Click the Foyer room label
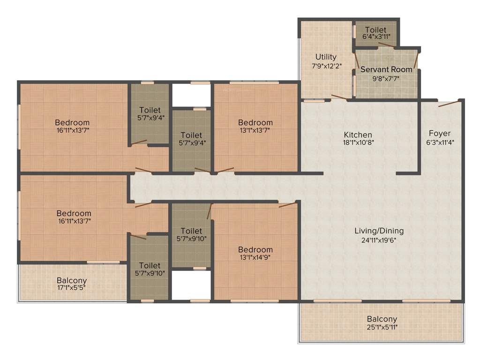[439, 134]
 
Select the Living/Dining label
[379, 231]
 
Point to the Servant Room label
[386, 69]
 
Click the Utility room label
[326, 57]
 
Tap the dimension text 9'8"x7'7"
[386, 78]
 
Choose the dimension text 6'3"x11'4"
[439, 142]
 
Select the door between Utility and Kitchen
[338, 97]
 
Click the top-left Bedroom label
[72, 122]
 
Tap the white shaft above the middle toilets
[191, 95]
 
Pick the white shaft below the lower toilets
[191, 285]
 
